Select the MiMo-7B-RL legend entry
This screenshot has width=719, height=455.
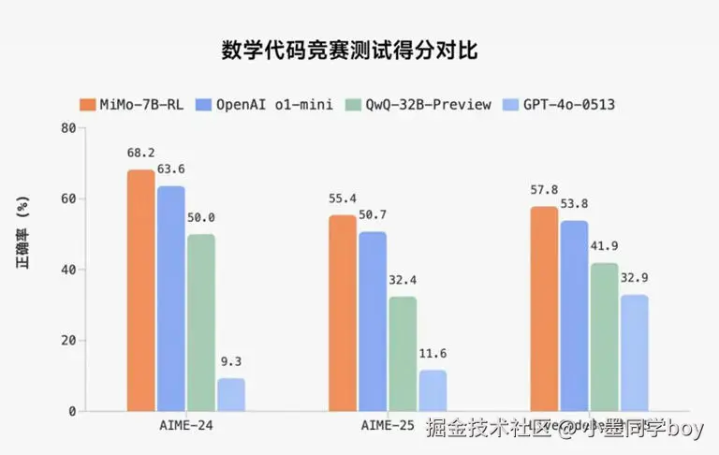tap(132, 104)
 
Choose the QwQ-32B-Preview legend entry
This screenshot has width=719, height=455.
tap(418, 104)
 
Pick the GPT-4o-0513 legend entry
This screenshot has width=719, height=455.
tap(559, 104)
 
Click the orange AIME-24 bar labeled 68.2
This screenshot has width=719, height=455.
tap(141, 290)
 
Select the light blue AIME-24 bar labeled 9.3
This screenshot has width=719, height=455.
tap(231, 394)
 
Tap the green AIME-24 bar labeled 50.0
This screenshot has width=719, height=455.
tap(201, 322)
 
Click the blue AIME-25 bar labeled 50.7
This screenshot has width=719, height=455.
tap(373, 321)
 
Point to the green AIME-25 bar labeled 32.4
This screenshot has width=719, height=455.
tap(403, 353)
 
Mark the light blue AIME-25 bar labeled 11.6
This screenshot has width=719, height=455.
tap(433, 390)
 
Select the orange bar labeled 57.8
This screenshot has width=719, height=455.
tap(544, 308)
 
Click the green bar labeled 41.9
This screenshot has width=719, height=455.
tap(604, 336)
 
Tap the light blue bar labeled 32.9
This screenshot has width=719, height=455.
tap(634, 352)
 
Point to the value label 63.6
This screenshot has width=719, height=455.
tap(171, 169)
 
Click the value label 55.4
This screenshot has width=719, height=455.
tap(343, 198)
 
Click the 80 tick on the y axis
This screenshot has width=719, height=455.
tap(67, 128)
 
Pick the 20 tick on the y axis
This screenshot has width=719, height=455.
tap(67, 340)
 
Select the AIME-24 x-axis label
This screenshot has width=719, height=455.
tap(186, 426)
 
